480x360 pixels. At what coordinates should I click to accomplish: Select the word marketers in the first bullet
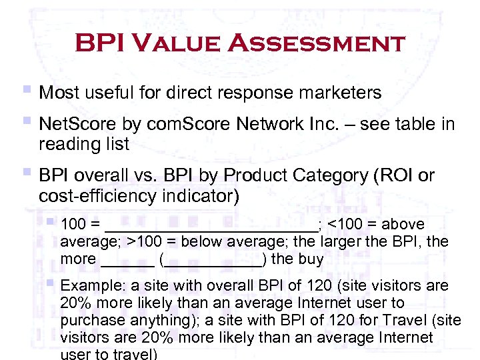337,93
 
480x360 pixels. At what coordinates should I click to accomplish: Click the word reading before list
67,143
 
